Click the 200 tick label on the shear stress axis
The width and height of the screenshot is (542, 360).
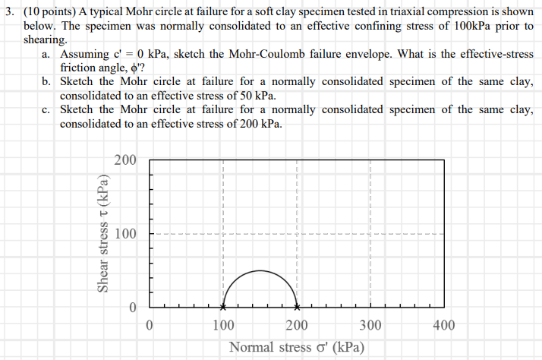pyautogui.click(x=125, y=160)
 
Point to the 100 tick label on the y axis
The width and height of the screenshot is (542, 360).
pyautogui.click(x=125, y=234)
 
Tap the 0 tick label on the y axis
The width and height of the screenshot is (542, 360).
pyautogui.click(x=132, y=308)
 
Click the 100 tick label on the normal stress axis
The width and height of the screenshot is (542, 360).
pyautogui.click(x=222, y=326)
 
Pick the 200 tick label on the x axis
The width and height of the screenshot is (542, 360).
pyautogui.click(x=296, y=326)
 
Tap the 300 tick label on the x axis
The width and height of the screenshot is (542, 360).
pyautogui.click(x=370, y=326)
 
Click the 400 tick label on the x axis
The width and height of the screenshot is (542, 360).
pyautogui.click(x=443, y=326)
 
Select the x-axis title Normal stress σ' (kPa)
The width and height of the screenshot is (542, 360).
pyautogui.click(x=296, y=347)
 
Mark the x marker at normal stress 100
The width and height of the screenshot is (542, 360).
pyautogui.click(x=222, y=308)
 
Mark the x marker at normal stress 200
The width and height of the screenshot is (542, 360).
pyautogui.click(x=297, y=308)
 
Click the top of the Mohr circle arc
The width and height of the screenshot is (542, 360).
pyautogui.click(x=260, y=270)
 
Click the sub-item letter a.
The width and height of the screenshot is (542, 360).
pyautogui.click(x=47, y=55)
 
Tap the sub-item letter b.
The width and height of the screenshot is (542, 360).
pyautogui.click(x=47, y=82)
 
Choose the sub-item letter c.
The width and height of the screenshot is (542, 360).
pyautogui.click(x=47, y=110)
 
